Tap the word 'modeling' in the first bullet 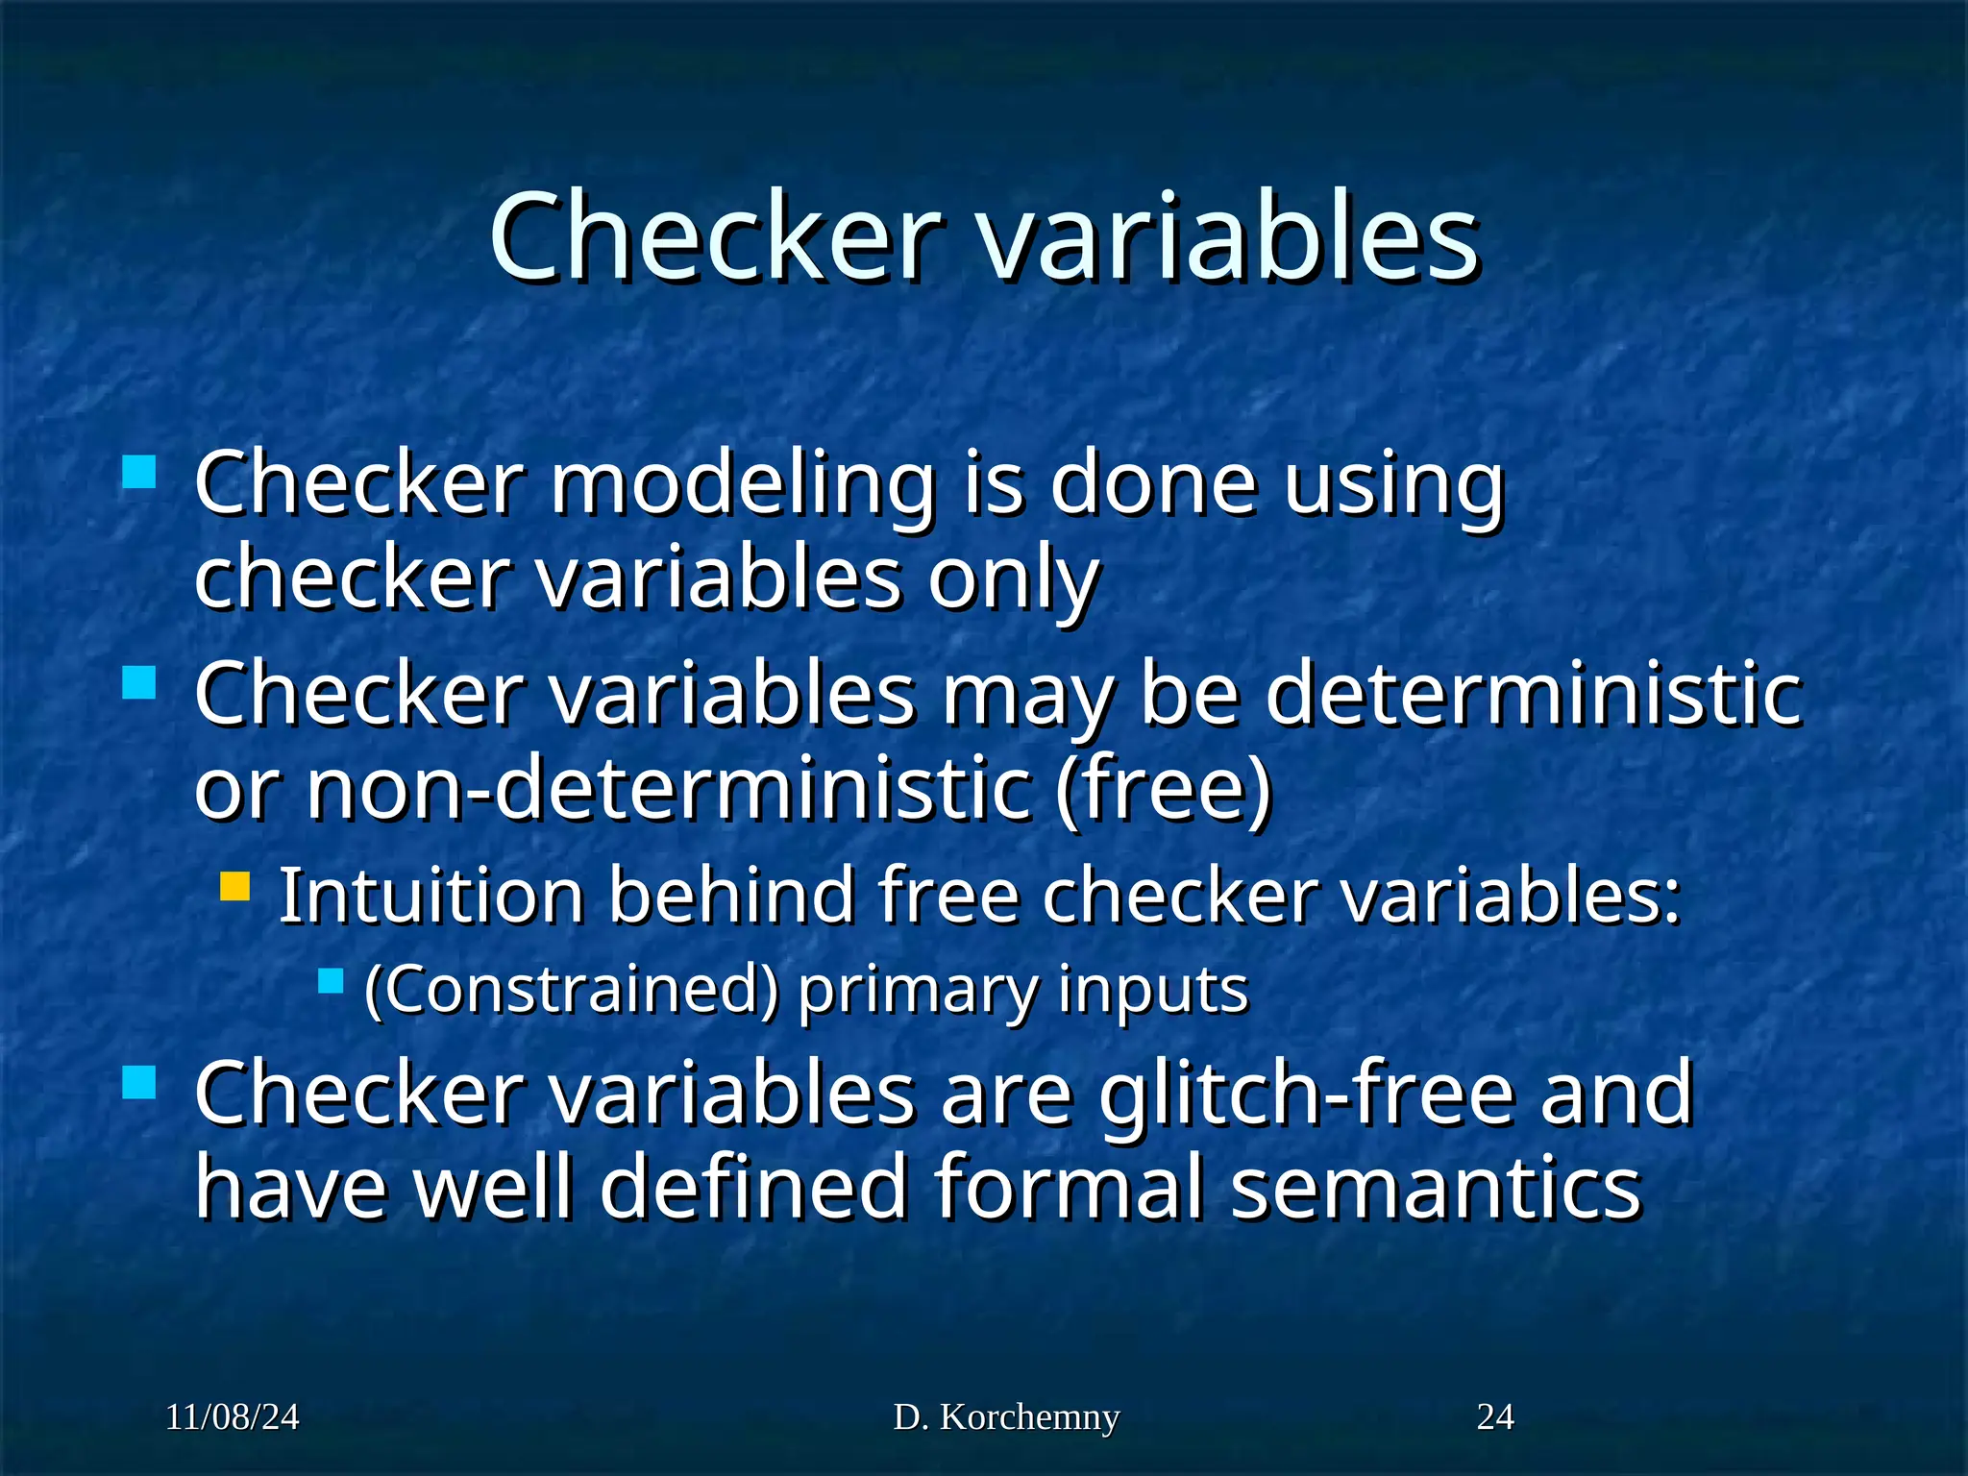click(x=743, y=485)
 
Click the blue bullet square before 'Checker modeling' click(x=140, y=473)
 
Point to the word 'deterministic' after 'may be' click(x=1534, y=694)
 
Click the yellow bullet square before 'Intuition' click(x=234, y=885)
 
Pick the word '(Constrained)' click(x=572, y=990)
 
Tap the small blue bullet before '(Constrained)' click(x=331, y=981)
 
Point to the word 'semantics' click(x=1436, y=1188)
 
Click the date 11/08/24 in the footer click(x=232, y=1417)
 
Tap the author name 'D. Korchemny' click(x=1006, y=1417)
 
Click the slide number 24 click(x=1495, y=1417)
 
